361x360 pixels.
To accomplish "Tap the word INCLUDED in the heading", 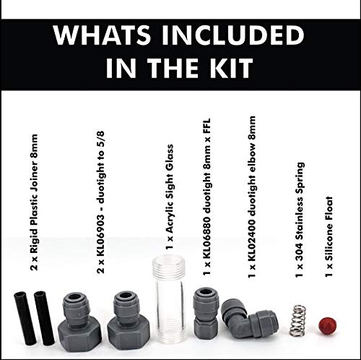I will (242, 35).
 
